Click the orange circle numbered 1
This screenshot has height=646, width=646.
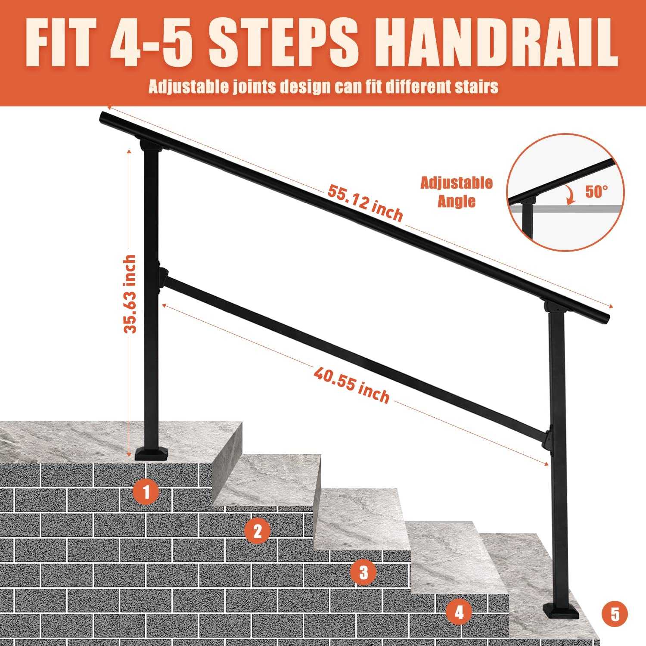(x=146, y=491)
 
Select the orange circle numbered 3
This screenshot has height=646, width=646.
(x=364, y=573)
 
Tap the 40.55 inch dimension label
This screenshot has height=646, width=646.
(x=351, y=385)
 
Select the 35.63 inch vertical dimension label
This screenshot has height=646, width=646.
(x=130, y=294)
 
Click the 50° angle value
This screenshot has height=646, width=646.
(x=596, y=192)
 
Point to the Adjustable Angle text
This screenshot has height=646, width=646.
(x=457, y=192)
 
